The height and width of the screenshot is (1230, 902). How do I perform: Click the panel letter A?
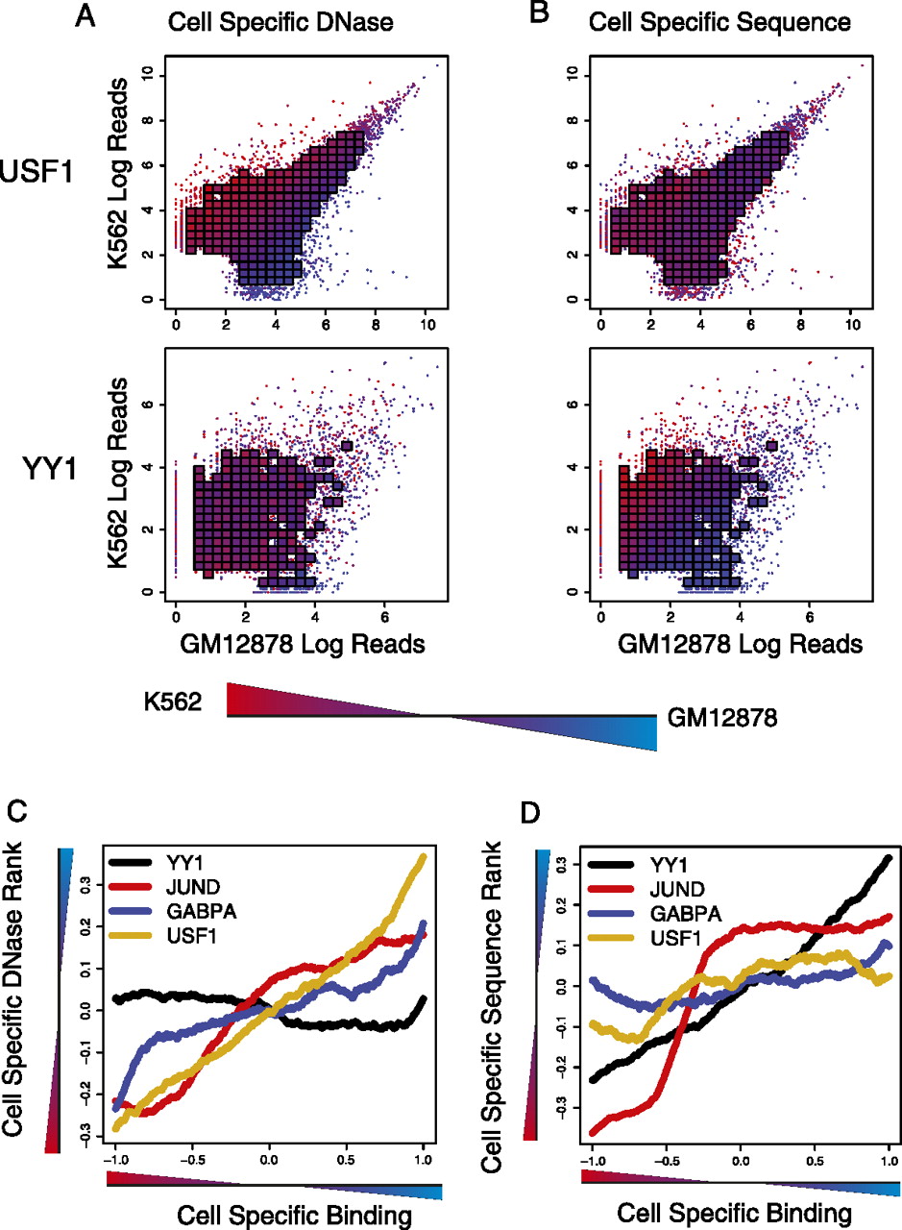[86, 16]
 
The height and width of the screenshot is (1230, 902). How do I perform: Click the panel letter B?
[514, 16]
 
